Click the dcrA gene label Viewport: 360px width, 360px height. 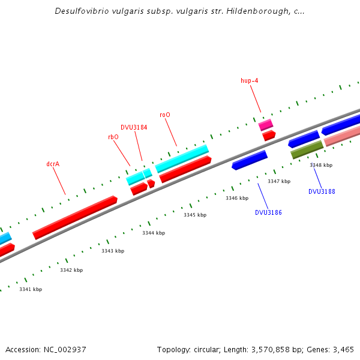53,164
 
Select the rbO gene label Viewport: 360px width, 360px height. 113,137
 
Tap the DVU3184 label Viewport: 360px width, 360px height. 134,127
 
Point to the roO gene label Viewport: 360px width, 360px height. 165,115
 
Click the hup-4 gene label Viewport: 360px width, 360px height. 250,80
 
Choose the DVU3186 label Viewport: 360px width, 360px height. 268,212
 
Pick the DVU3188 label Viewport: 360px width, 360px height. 322,191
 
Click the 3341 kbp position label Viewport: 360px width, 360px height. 31,289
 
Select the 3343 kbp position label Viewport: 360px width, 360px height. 113,251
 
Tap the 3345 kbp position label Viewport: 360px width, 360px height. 195,215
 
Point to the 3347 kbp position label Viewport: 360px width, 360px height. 279,181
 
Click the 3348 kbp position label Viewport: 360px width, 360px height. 321,165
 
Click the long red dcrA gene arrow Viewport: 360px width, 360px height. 75,217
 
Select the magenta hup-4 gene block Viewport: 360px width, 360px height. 266,125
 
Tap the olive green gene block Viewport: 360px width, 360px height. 307,149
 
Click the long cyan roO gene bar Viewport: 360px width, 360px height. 182,158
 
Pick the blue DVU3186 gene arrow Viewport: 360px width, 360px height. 250,160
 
